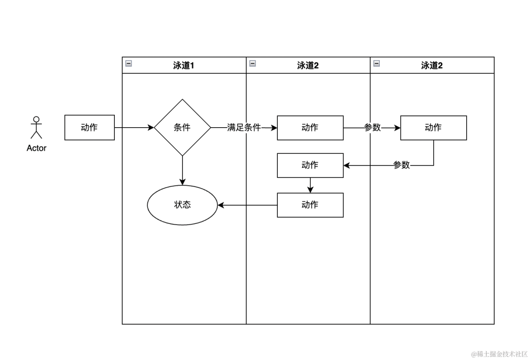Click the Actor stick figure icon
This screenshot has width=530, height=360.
36,128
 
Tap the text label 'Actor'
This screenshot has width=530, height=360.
36,148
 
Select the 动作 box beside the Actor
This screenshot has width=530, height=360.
89,128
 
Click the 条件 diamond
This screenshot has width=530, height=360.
182,128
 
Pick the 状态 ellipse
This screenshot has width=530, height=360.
182,205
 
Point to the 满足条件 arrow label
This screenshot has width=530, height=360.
244,128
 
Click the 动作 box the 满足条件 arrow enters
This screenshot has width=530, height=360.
310,128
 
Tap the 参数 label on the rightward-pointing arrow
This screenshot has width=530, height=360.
372,128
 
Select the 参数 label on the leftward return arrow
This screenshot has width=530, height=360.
401,166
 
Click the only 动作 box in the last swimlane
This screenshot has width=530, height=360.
433,128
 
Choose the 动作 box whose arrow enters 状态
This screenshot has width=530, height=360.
310,205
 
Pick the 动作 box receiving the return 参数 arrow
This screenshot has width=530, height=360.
310,166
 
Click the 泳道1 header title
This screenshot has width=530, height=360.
184,65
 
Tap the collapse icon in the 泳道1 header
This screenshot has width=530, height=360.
129,63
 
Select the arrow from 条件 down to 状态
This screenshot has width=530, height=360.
182,170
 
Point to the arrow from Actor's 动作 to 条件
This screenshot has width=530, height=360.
134,128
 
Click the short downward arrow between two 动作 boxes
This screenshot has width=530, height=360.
310,185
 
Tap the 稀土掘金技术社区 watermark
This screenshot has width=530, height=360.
499,354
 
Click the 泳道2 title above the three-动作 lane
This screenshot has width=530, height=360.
308,65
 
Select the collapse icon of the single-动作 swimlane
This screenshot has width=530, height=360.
376,63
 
